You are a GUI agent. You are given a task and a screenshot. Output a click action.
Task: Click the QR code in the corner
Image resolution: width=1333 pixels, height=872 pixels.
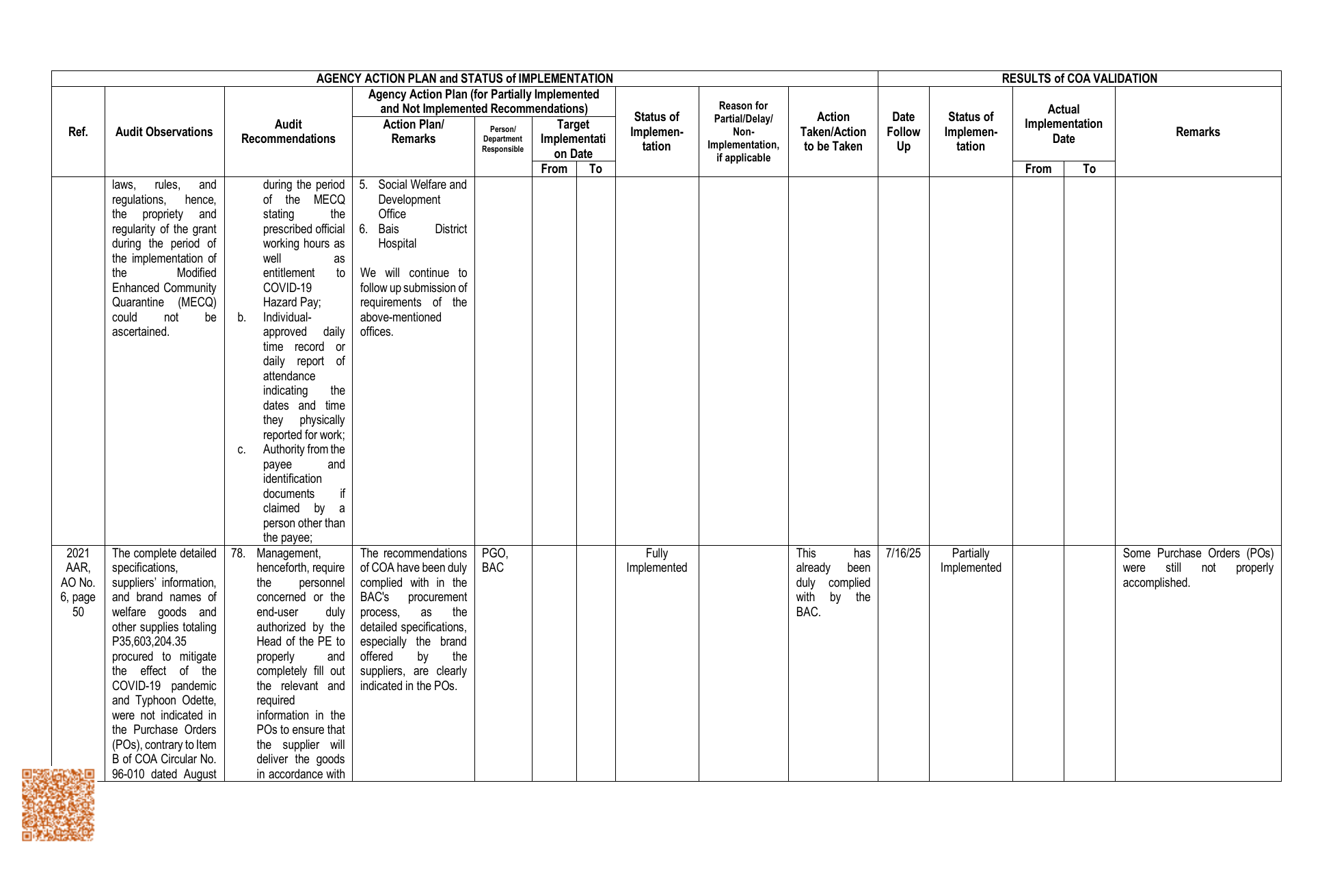click(x=58, y=804)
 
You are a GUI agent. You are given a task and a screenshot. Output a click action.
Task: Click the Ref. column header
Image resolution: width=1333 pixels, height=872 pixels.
click(x=78, y=132)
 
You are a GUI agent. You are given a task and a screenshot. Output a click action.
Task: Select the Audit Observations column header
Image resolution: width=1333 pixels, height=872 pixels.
click(x=164, y=132)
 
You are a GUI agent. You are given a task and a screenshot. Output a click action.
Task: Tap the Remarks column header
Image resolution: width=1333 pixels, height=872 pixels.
click(x=1198, y=132)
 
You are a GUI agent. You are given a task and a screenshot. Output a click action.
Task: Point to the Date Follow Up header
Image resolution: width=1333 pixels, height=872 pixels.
click(x=903, y=132)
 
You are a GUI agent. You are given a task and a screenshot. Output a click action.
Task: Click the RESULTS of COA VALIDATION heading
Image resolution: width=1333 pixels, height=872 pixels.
click(x=1079, y=79)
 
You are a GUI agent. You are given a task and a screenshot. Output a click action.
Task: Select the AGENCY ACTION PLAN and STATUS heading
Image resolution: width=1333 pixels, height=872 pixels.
click(x=464, y=79)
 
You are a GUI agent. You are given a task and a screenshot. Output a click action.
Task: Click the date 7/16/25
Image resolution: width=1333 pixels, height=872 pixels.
click(x=903, y=553)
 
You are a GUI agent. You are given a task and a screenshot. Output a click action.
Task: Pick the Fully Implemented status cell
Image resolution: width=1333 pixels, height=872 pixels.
click(x=656, y=561)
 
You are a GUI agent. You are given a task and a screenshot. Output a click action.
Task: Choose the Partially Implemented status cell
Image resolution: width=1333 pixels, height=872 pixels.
click(x=970, y=561)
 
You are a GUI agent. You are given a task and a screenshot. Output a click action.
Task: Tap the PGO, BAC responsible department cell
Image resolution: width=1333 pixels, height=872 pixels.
click(x=495, y=561)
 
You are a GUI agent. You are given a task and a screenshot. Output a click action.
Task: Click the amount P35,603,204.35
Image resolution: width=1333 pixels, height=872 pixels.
click(x=149, y=642)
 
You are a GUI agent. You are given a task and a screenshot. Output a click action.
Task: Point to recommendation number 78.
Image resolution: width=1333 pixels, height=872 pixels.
click(x=238, y=553)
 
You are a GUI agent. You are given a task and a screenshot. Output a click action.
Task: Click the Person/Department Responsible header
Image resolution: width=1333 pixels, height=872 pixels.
click(x=502, y=140)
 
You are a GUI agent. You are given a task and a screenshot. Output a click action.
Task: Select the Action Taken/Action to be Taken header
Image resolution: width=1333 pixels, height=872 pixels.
click(x=833, y=132)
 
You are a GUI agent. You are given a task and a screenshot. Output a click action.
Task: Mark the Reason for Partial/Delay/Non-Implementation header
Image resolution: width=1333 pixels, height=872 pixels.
click(x=743, y=132)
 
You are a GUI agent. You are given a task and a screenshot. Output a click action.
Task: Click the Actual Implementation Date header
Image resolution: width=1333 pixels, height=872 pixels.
click(x=1063, y=124)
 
